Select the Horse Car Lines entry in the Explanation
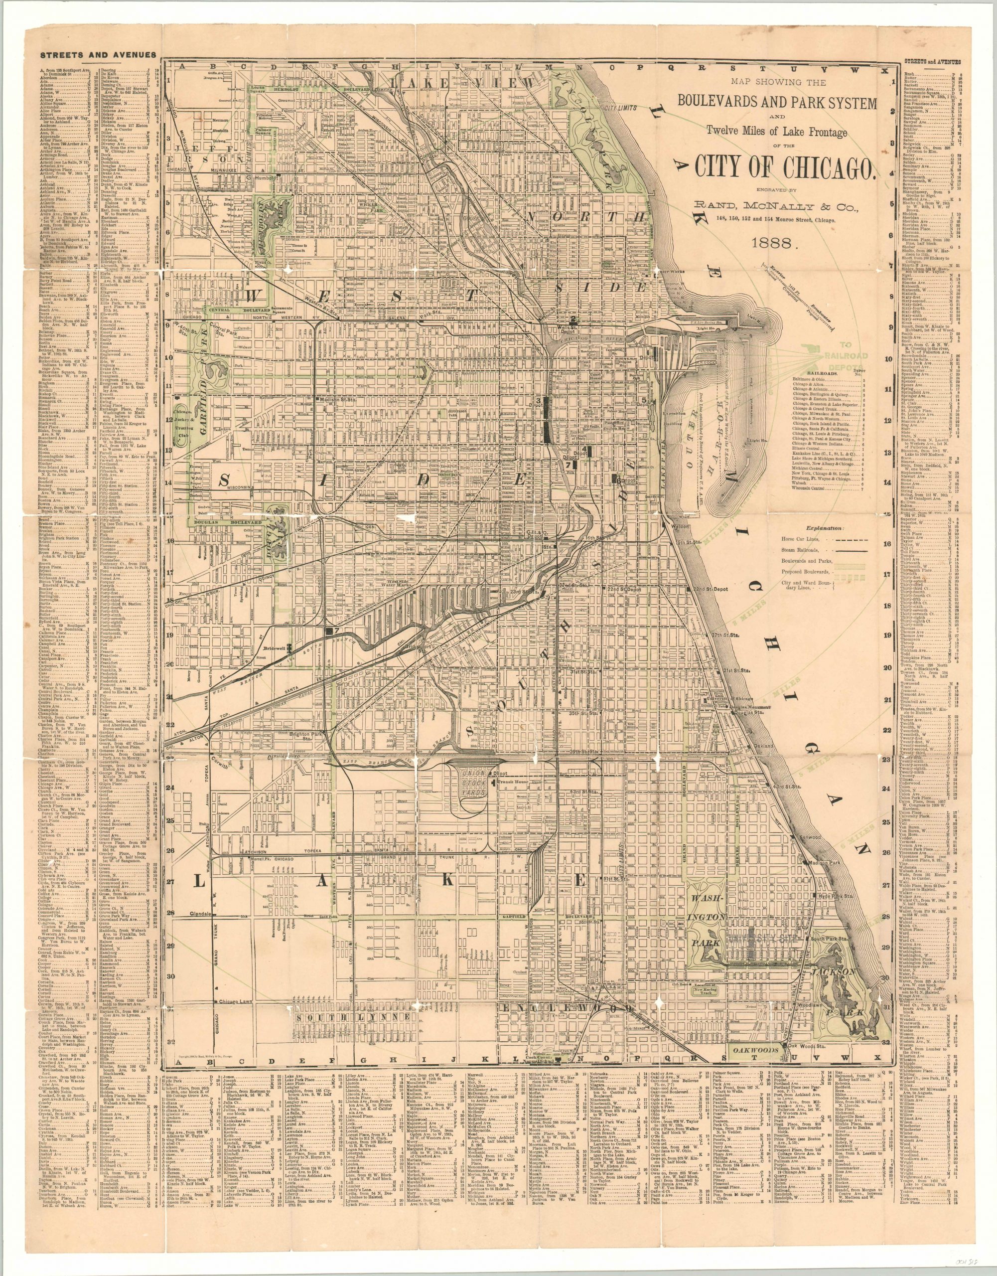click(x=801, y=542)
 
